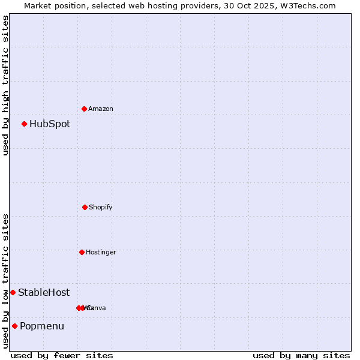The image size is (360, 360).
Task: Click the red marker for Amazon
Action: tap(85, 109)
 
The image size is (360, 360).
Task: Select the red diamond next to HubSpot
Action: tap(25, 124)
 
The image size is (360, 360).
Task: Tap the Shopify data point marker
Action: tap(85, 207)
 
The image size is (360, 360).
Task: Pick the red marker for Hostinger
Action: tap(82, 252)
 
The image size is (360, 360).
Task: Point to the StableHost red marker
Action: tap(13, 292)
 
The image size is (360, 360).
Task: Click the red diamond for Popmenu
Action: tap(14, 326)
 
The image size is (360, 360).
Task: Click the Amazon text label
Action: tap(101, 109)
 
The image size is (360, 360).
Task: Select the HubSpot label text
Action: tap(50, 124)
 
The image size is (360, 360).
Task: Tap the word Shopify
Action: tap(101, 207)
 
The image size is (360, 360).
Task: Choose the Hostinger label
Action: tap(101, 252)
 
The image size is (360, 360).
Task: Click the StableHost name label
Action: tap(44, 293)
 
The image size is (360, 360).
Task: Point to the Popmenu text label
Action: tap(42, 326)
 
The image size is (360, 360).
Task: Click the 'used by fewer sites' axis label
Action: tap(62, 355)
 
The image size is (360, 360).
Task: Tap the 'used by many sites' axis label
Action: tap(301, 355)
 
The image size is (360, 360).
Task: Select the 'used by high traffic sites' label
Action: tap(5, 85)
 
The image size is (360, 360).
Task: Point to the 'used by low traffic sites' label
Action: tap(5, 281)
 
